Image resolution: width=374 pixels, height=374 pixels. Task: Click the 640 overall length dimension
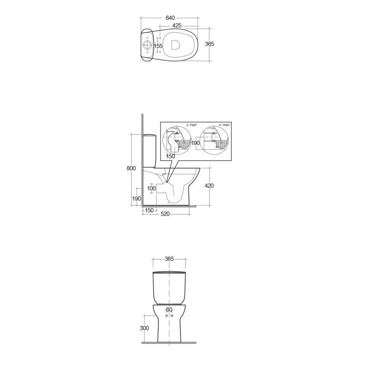click(x=170, y=18)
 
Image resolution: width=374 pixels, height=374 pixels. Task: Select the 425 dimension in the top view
click(x=177, y=25)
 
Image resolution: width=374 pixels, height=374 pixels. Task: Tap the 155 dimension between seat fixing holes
click(x=158, y=46)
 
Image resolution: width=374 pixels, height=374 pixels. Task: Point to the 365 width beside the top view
click(x=209, y=43)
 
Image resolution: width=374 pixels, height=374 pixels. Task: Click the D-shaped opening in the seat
click(x=175, y=44)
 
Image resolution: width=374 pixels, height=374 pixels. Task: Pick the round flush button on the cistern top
click(x=147, y=45)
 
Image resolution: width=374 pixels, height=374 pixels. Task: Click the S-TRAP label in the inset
click(x=192, y=125)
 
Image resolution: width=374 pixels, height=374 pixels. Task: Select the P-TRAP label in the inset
click(x=224, y=125)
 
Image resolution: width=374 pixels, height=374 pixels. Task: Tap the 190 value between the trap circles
click(x=195, y=143)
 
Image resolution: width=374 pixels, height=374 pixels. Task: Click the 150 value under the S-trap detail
click(x=171, y=157)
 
